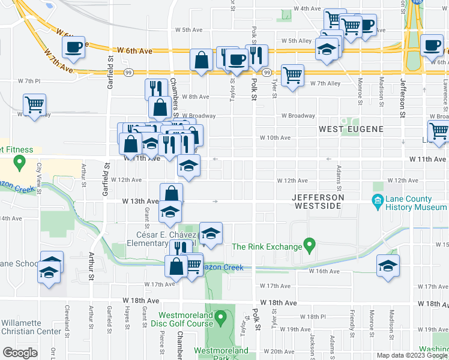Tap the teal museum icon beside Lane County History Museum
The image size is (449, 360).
[378, 200]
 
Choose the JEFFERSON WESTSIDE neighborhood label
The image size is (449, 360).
[318, 202]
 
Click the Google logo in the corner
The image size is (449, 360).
[20, 352]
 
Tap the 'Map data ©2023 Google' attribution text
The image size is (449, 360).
[412, 355]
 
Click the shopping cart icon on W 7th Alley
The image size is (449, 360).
[292, 76]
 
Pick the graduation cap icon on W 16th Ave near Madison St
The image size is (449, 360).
[388, 266]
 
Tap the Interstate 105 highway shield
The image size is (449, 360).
[417, 2]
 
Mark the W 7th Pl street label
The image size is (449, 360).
[29, 80]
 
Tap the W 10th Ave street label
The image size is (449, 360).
[275, 137]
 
